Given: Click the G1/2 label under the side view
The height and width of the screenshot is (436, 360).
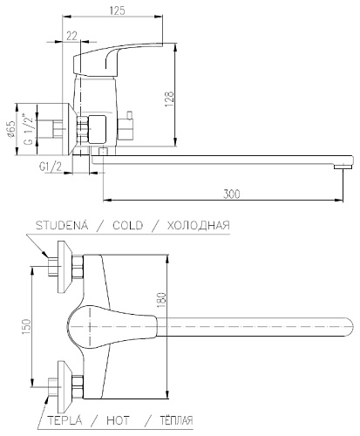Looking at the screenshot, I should click(49, 166).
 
